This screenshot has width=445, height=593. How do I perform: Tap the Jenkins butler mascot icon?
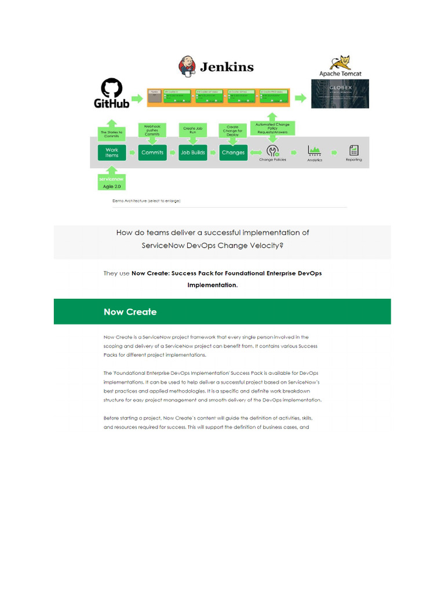[187, 66]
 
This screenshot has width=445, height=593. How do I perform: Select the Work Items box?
[112, 153]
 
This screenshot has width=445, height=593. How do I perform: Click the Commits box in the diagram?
[152, 153]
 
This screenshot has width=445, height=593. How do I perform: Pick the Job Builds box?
[193, 153]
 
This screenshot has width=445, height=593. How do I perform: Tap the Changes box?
[233, 153]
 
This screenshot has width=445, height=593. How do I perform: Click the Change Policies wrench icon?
[272, 151]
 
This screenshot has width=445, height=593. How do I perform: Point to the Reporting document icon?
[353, 150]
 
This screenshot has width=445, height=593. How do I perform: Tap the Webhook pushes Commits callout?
[152, 130]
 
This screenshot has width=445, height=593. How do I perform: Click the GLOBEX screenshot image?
[340, 93]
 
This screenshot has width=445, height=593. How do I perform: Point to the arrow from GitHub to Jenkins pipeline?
[137, 98]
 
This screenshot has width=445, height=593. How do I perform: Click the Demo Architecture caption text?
[146, 201]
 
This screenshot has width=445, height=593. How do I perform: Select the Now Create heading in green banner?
[130, 312]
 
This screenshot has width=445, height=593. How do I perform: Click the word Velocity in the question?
[267, 245]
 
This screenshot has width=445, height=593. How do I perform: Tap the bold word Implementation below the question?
[212, 285]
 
